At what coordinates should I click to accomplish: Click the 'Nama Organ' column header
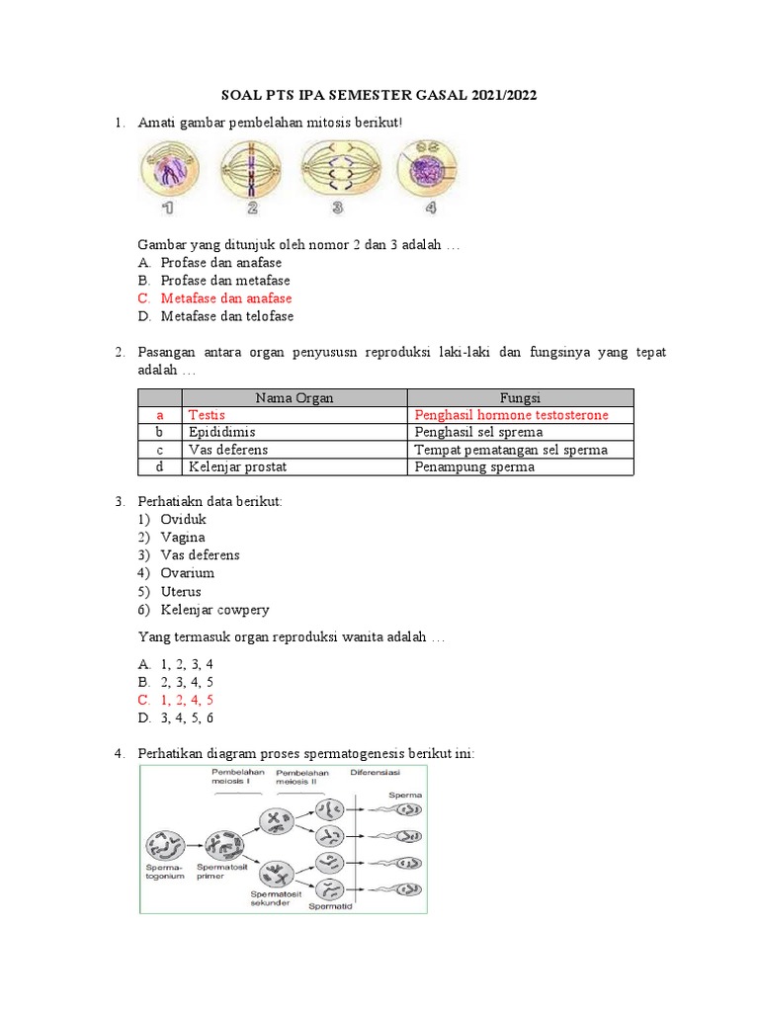tap(295, 397)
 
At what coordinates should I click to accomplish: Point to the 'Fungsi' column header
tap(520, 397)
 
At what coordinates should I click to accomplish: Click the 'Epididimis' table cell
tap(222, 432)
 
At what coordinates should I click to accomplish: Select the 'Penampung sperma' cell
tap(475, 466)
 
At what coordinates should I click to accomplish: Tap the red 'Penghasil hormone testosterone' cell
tap(512, 415)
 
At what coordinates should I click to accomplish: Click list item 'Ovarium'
tap(188, 573)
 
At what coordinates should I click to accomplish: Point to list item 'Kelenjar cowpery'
tap(214, 610)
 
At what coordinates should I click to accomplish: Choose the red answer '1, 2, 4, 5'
tap(188, 700)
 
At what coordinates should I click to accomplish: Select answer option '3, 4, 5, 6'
tap(188, 717)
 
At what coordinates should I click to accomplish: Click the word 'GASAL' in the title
tap(444, 95)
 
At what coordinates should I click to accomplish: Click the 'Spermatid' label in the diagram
tap(328, 904)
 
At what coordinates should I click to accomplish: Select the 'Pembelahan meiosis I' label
tap(237, 778)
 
